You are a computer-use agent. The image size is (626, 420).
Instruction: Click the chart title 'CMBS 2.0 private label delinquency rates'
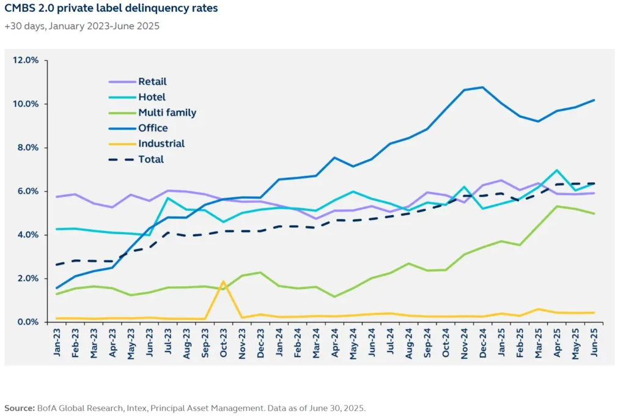[111, 9]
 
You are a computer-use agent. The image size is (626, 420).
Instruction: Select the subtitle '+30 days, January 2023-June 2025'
[82, 26]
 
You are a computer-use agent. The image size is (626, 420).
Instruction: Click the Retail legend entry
[152, 81]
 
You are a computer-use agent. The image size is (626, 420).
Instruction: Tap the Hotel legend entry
[152, 97]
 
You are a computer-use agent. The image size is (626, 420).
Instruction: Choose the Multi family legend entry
[167, 112]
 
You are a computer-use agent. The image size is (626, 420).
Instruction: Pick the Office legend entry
[153, 128]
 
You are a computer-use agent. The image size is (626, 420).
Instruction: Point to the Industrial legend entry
[161, 144]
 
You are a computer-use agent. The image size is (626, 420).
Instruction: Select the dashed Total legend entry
[151, 160]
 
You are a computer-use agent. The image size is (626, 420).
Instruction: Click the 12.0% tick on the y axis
[26, 61]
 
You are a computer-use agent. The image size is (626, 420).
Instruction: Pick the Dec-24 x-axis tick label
[483, 343]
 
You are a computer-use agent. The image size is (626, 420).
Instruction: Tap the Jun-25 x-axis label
[594, 343]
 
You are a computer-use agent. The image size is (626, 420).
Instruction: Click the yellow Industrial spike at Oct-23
[224, 281]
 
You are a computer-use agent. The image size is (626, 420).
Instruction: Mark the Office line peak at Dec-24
[483, 87]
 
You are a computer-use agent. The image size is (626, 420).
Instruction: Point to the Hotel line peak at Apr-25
[557, 170]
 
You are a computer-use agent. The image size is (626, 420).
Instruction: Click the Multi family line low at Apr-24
[334, 297]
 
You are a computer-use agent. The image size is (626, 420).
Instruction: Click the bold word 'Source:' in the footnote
[20, 408]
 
